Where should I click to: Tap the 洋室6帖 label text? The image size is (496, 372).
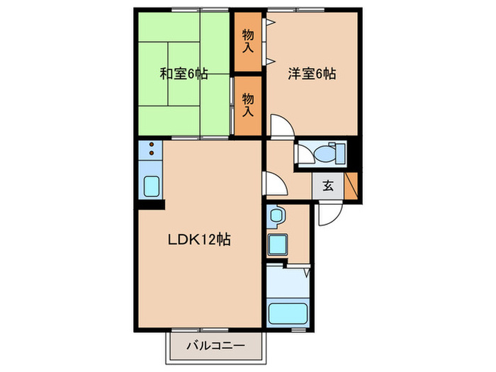[312, 72]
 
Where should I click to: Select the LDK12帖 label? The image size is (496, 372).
[200, 239]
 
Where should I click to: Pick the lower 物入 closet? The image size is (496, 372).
[248, 105]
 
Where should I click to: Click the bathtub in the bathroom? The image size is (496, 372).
[287, 313]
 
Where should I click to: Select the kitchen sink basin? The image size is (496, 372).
[152, 187]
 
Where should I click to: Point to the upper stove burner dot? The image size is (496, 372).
[152, 145]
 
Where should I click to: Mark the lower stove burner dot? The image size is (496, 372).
[152, 153]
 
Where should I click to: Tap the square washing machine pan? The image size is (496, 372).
[277, 244]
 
